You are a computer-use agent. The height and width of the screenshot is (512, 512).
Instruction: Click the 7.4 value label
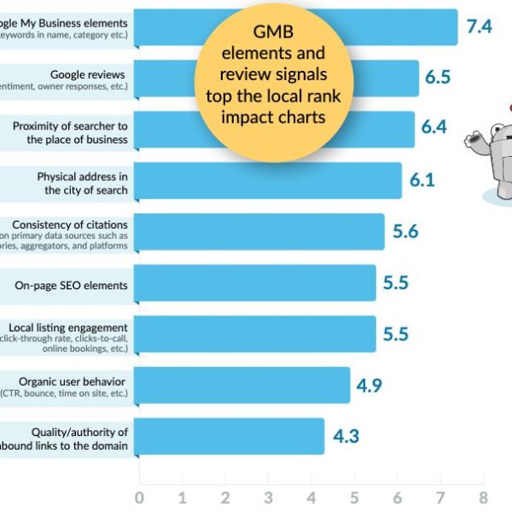479,26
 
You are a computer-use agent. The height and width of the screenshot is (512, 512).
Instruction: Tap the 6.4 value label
433,128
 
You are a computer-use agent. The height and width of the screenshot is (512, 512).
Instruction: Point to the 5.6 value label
404,231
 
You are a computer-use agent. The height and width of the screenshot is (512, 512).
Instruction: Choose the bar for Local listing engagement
256,334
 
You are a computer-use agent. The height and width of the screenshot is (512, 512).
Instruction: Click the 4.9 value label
369,385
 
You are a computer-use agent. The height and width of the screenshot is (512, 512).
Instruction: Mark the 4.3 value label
346,436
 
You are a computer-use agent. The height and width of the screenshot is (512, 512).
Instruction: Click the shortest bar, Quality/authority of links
230,436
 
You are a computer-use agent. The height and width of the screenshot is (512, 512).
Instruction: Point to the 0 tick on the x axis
139,498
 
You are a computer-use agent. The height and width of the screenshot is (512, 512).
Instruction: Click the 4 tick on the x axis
311,498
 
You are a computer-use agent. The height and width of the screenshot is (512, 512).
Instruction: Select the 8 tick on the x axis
484,498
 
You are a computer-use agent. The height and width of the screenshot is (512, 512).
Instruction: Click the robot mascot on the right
495,154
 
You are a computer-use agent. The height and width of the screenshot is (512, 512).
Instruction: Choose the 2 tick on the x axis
225,498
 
